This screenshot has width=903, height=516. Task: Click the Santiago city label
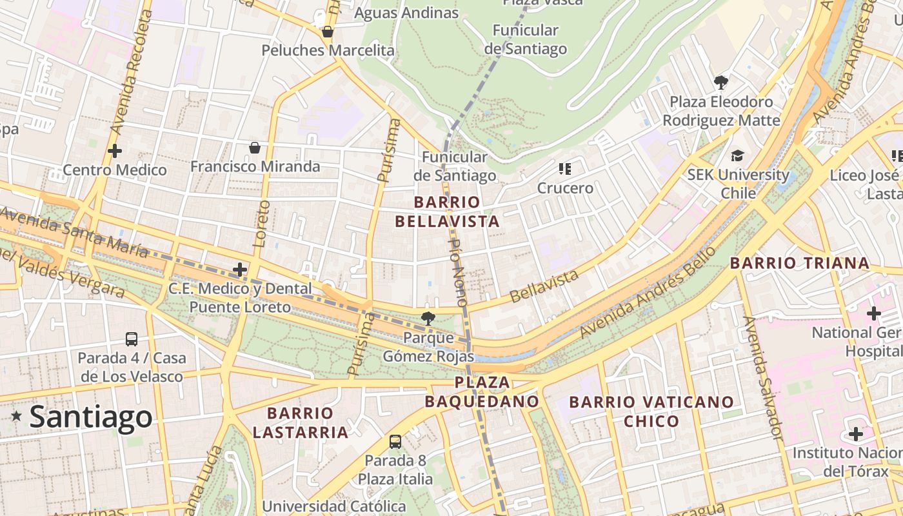91,417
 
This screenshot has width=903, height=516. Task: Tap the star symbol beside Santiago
17,417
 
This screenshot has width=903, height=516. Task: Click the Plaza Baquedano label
482,392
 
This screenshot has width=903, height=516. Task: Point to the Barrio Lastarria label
301,422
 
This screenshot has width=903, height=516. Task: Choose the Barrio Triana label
800,263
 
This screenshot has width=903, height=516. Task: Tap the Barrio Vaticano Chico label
651,412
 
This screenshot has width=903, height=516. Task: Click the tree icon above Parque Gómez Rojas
427,317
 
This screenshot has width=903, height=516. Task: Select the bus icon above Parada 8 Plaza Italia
395,442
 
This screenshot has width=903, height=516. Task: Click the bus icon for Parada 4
132,339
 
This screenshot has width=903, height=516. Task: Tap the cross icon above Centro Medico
115,151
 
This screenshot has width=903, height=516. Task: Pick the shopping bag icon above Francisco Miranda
255,148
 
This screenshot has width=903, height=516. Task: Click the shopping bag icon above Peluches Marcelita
328,32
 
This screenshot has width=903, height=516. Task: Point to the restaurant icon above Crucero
565,169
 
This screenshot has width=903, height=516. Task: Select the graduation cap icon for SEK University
737,155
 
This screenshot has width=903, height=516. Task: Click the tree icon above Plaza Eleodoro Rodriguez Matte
721,83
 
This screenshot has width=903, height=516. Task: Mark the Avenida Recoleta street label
130,70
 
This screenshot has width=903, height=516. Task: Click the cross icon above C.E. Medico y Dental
240,269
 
